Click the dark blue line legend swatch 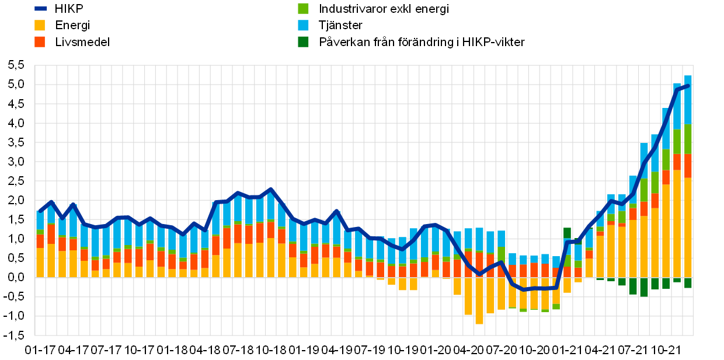pos(40,9)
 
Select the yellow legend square pos(40,25)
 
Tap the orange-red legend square pos(40,41)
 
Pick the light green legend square pos(303,8)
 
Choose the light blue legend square pos(303,25)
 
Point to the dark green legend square pos(303,41)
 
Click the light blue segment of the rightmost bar pos(688,99)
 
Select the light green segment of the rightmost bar pos(688,139)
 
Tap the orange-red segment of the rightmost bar pos(688,166)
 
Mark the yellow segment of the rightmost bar pos(688,228)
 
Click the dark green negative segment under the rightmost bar pos(688,282)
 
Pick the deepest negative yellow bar pos(479,300)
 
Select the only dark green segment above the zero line pos(567,233)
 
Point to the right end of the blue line pos(688,86)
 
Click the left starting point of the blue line pos(40,211)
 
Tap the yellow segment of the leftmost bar pos(40,263)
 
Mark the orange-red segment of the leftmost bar pos(40,241)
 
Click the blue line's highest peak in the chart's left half pos(270,190)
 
